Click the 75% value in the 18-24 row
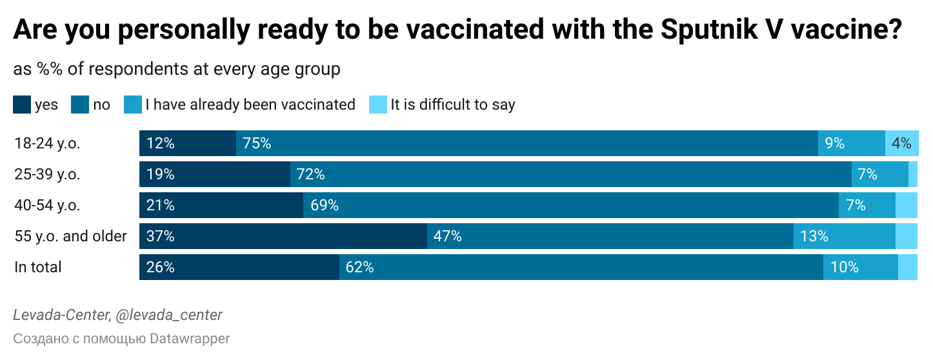(x=257, y=143)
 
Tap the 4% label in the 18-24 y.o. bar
(x=901, y=143)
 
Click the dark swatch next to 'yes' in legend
(x=21, y=105)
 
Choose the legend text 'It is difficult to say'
(x=452, y=105)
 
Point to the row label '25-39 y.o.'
(x=47, y=174)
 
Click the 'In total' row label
(x=38, y=267)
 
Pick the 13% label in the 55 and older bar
(x=814, y=236)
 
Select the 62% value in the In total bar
(x=359, y=267)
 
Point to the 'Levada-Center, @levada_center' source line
(x=117, y=315)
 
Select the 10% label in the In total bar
(x=845, y=267)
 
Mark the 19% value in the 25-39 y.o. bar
(x=160, y=174)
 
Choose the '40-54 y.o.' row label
(x=47, y=205)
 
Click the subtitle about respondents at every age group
(x=176, y=69)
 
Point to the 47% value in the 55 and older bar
(x=447, y=236)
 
